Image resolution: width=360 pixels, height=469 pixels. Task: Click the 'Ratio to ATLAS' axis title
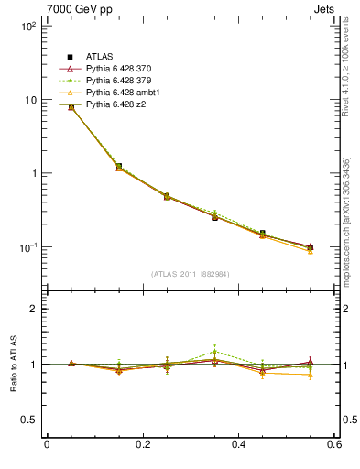(11, 365)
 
